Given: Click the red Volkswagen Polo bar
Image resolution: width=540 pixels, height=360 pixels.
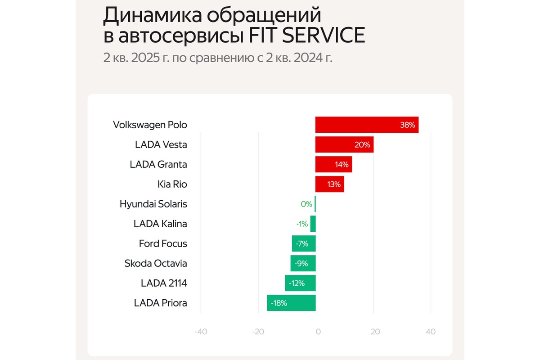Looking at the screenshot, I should [360, 125].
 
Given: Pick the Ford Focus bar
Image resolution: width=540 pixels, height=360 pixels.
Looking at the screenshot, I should [304, 243].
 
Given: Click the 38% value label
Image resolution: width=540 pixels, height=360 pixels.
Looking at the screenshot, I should [407, 125].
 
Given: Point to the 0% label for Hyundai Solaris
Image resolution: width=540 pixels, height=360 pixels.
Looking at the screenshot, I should [306, 204].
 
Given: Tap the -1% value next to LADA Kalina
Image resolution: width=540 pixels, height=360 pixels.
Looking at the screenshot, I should [301, 224].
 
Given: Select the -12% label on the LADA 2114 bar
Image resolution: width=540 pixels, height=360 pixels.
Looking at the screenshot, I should [297, 283].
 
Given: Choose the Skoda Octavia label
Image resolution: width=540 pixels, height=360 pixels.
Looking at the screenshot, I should [156, 263].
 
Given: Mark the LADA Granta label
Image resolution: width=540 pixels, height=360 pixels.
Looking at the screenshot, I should [158, 164].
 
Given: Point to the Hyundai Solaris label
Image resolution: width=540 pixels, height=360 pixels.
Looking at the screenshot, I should [153, 204].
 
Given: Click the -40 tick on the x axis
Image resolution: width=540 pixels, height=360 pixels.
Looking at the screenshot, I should [201, 332].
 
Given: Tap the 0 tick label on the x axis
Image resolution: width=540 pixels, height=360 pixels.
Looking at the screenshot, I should [317, 332].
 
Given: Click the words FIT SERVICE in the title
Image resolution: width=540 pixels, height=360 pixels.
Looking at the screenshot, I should [307, 36].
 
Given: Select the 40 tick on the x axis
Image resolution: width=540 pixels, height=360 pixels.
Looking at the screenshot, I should [431, 332].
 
